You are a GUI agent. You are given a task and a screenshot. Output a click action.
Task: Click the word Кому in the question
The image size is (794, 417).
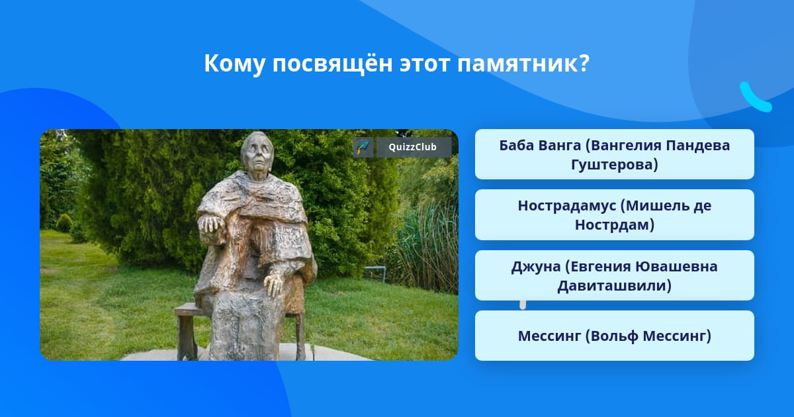pos(234,64)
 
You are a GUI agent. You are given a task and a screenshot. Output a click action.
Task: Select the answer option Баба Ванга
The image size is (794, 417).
pos(614,154)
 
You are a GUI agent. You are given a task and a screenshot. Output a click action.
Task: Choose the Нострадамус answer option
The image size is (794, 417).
pos(614,215)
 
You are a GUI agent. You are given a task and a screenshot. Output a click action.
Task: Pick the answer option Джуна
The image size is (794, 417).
pos(614,275)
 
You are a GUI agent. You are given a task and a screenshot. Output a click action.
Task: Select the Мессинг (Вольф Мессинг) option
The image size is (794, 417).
pos(614,336)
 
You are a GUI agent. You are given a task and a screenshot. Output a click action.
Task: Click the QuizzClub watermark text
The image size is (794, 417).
pos(412,147)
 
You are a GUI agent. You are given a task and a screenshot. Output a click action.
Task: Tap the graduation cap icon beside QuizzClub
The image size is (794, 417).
pos(363,147)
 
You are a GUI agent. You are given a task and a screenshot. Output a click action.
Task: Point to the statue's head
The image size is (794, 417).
pos(256,152)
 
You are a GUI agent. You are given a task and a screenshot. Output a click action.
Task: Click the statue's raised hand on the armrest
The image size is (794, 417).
pos(212,224)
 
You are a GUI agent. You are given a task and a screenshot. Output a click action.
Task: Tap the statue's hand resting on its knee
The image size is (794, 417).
pos(274,285)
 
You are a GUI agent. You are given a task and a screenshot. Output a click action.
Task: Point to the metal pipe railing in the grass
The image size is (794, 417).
pos(376,272)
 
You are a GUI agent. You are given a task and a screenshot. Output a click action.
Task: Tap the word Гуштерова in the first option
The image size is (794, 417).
pos(614,165)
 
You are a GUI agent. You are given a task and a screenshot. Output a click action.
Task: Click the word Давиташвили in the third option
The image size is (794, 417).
pos(614,285)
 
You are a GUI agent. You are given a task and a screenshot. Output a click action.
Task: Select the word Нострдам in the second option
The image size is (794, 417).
pos(614,225)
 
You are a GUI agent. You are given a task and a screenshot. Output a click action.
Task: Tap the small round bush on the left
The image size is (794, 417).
pos(64,222)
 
